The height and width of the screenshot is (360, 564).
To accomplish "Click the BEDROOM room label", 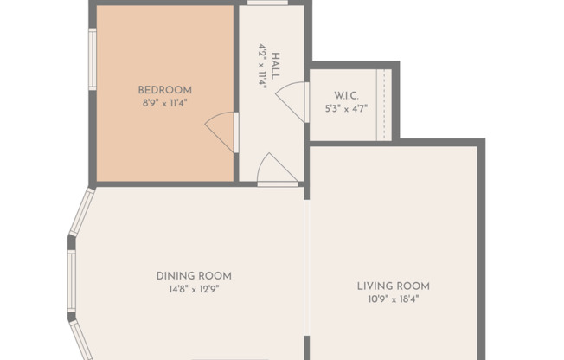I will pos(164,90).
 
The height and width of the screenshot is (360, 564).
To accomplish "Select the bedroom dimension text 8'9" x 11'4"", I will pos(164,102).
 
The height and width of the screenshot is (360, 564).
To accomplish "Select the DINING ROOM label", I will pos(194,276).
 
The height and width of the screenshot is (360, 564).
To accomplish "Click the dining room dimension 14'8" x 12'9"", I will pos(194,289).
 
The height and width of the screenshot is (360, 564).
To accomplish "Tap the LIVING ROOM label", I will pos(394,286).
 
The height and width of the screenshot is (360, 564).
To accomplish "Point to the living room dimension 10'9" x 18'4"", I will pos(394,299).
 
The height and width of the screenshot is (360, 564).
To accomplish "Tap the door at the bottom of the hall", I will pos(277,170).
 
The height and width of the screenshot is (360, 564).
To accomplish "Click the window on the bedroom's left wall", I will pos(93,60).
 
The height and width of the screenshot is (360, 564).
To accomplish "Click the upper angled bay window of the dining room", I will pos(81,213).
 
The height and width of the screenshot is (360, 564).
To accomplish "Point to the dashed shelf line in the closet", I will pos(381,104).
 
